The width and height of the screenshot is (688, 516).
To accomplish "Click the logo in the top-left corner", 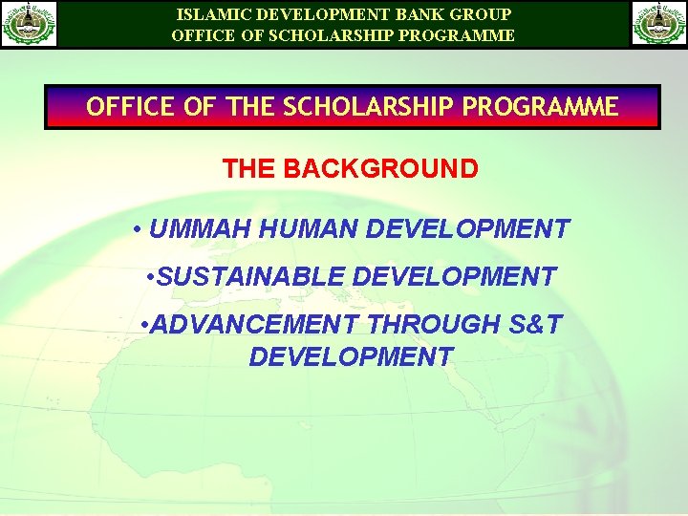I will [x=30, y=24].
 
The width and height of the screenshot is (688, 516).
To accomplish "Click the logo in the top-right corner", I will [x=659, y=24].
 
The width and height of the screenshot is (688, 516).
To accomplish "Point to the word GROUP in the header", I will [x=482, y=14].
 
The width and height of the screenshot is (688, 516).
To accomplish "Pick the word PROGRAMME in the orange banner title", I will [x=540, y=106].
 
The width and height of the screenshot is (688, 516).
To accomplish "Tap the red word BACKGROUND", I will [x=381, y=169].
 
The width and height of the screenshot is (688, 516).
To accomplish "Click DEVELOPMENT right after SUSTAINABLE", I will [x=454, y=277].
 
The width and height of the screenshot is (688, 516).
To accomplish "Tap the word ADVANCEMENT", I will [x=256, y=325].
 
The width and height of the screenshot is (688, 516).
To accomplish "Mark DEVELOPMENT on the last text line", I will [x=351, y=356].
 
